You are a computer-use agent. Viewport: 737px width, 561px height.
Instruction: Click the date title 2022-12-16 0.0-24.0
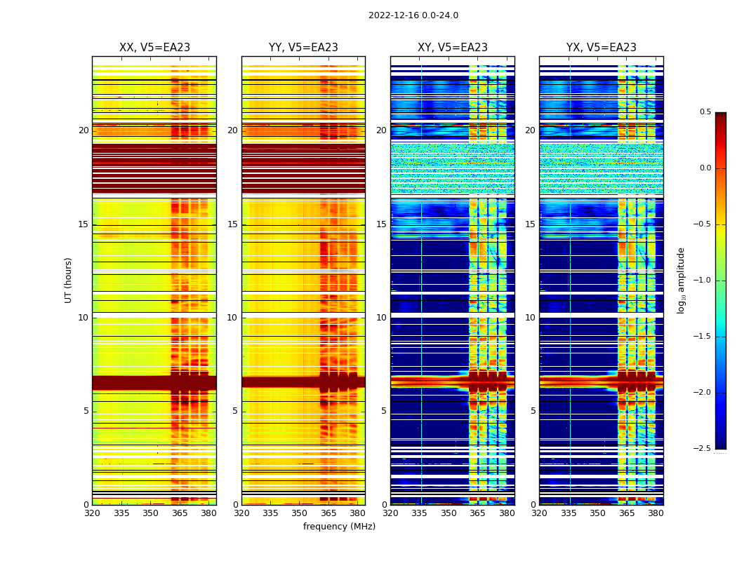(x=413, y=15)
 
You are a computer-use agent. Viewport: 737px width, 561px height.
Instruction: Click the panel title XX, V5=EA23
(x=154, y=48)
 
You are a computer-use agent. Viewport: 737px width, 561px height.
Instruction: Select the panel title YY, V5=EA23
(x=303, y=48)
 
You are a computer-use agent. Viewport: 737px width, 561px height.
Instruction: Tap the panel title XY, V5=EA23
(x=452, y=48)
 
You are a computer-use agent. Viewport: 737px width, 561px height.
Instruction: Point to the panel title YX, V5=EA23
(x=601, y=48)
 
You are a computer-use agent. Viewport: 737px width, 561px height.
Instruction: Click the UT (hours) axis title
(x=69, y=280)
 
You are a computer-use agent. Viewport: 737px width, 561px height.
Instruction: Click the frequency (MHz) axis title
(x=339, y=527)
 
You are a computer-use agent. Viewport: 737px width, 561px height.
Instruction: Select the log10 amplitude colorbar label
(x=681, y=280)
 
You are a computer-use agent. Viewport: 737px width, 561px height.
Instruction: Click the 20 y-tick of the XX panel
(x=84, y=130)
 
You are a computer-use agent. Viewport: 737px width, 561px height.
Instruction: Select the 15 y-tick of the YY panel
(x=232, y=224)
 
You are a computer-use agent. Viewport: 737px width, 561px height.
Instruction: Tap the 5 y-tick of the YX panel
(x=533, y=411)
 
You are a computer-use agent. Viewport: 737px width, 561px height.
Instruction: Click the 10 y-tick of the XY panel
(x=381, y=318)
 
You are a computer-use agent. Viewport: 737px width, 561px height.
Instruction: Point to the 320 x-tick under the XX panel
(x=92, y=513)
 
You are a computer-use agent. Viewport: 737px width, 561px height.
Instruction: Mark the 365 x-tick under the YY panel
(x=329, y=513)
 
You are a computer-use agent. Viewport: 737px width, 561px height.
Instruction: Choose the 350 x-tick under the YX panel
(x=597, y=513)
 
